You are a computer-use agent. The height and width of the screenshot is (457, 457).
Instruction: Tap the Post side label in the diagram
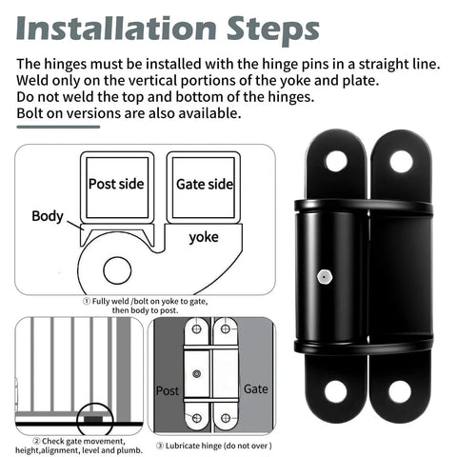(x=115, y=185)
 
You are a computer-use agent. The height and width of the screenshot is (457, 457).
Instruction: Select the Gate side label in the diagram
(x=202, y=185)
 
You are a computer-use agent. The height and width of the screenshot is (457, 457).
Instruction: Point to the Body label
(x=48, y=216)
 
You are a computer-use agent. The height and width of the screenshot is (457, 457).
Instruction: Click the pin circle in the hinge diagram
(x=117, y=269)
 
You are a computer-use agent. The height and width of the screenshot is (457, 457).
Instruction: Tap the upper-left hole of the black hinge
(x=336, y=161)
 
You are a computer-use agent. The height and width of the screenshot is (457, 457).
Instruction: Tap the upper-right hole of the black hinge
(x=401, y=161)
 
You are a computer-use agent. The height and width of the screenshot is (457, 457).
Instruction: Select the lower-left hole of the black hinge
(x=336, y=390)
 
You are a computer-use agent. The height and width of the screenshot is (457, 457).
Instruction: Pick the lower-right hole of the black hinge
(x=400, y=390)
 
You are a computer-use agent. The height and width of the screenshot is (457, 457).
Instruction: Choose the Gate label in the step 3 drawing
(x=256, y=390)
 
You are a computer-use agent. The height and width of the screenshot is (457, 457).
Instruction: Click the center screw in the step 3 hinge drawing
(x=197, y=372)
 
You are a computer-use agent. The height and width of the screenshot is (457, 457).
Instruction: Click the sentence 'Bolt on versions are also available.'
(x=129, y=113)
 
